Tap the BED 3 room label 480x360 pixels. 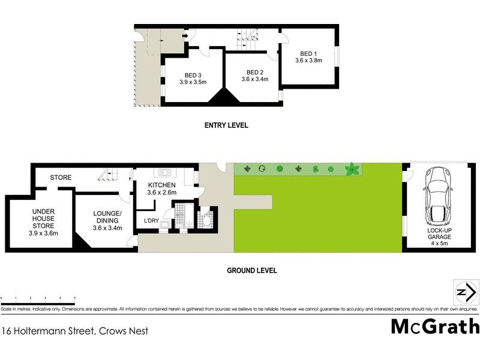click(193, 75)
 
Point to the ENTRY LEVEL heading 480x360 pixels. click(226, 125)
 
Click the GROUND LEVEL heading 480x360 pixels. click(251, 271)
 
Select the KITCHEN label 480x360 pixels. click(162, 185)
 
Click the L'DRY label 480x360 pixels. click(151, 221)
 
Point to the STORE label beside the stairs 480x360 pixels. click(61, 178)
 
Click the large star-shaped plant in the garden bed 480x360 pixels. click(353, 170)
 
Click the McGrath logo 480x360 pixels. click(435, 327)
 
